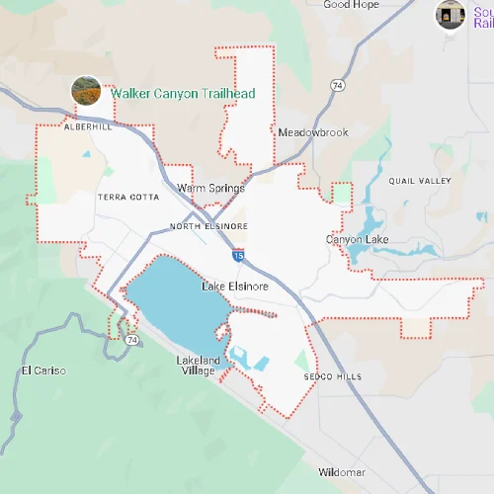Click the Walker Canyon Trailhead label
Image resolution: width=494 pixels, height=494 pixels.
[x=183, y=93]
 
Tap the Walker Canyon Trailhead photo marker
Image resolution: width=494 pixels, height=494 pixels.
[x=86, y=91]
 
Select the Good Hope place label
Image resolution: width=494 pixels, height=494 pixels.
[x=351, y=5]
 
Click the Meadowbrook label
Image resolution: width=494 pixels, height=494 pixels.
[x=312, y=132]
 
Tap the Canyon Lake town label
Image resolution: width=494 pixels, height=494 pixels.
[x=358, y=240]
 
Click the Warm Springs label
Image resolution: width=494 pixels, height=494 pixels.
[x=204, y=187]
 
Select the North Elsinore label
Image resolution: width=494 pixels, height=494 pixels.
[x=208, y=226]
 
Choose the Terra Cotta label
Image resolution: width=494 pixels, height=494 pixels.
[x=128, y=198]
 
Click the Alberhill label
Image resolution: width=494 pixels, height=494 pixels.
[x=88, y=127]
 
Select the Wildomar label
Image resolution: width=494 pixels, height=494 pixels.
[x=342, y=472]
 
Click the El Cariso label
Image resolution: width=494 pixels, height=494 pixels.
[x=42, y=370]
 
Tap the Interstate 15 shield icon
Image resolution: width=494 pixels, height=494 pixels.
[x=239, y=255]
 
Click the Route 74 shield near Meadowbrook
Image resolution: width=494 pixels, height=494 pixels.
[x=337, y=87]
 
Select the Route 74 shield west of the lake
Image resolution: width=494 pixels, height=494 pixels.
[x=131, y=339]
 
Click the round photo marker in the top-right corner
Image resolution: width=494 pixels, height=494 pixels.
[x=451, y=14]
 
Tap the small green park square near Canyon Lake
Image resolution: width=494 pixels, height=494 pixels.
[x=342, y=194]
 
